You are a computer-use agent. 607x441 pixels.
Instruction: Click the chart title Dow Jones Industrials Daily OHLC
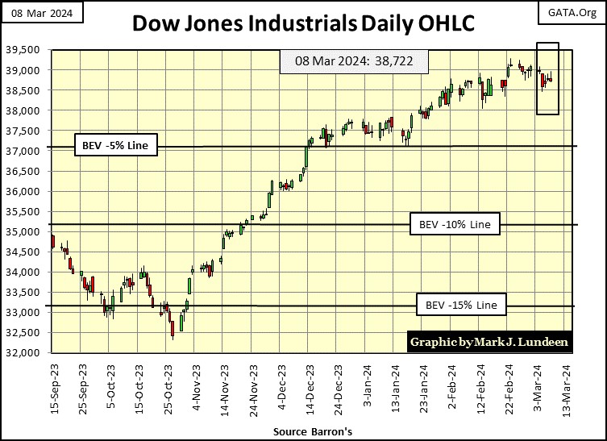[x=303, y=23]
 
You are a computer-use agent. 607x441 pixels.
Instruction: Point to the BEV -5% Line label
[x=115, y=146]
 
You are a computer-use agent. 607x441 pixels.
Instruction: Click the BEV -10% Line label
[x=455, y=223]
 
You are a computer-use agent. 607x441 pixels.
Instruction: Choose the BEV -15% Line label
[x=461, y=306]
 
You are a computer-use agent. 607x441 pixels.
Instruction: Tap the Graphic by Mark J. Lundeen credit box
[x=489, y=342]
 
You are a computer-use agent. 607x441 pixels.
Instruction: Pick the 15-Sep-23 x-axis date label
[x=53, y=385]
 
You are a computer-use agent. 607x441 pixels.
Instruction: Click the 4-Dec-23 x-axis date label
[x=281, y=385]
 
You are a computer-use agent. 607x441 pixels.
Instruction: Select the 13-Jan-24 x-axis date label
[x=395, y=385]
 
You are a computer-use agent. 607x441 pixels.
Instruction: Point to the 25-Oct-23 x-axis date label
[x=168, y=385]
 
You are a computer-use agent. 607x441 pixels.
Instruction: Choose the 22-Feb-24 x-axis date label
[x=509, y=385]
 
